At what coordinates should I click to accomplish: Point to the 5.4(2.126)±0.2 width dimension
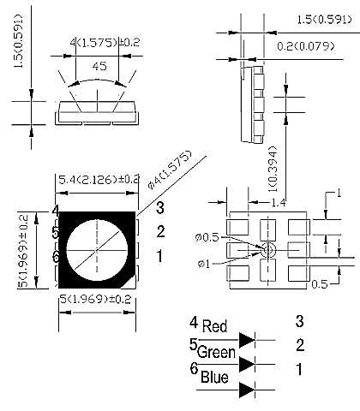(x=98, y=179)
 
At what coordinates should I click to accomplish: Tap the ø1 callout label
(x=203, y=261)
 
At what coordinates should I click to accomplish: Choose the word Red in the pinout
(x=214, y=326)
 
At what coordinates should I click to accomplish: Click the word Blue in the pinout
(x=214, y=375)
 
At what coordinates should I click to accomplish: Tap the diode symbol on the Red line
(x=248, y=339)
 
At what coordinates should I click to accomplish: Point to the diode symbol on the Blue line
(x=248, y=390)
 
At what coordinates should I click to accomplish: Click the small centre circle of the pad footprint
(x=267, y=249)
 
